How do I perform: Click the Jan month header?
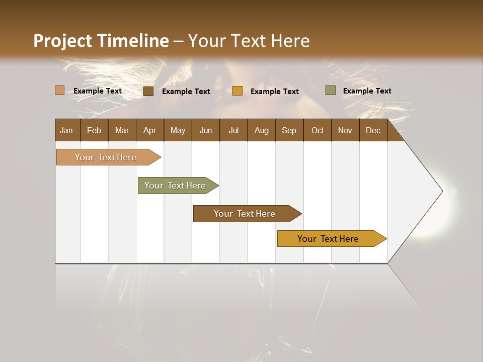click(67, 130)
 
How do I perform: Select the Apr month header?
click(150, 130)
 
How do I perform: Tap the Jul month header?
click(233, 130)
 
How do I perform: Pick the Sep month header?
click(289, 130)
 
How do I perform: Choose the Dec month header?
click(373, 130)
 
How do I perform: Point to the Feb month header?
click(94, 130)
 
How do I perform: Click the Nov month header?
click(345, 130)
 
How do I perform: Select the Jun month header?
click(206, 130)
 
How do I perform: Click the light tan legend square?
click(60, 90)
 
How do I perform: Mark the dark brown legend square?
click(148, 91)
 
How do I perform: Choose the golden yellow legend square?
click(237, 91)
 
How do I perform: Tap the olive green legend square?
click(331, 90)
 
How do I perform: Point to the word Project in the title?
click(63, 41)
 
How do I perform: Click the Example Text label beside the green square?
click(367, 90)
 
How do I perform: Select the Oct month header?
click(317, 130)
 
